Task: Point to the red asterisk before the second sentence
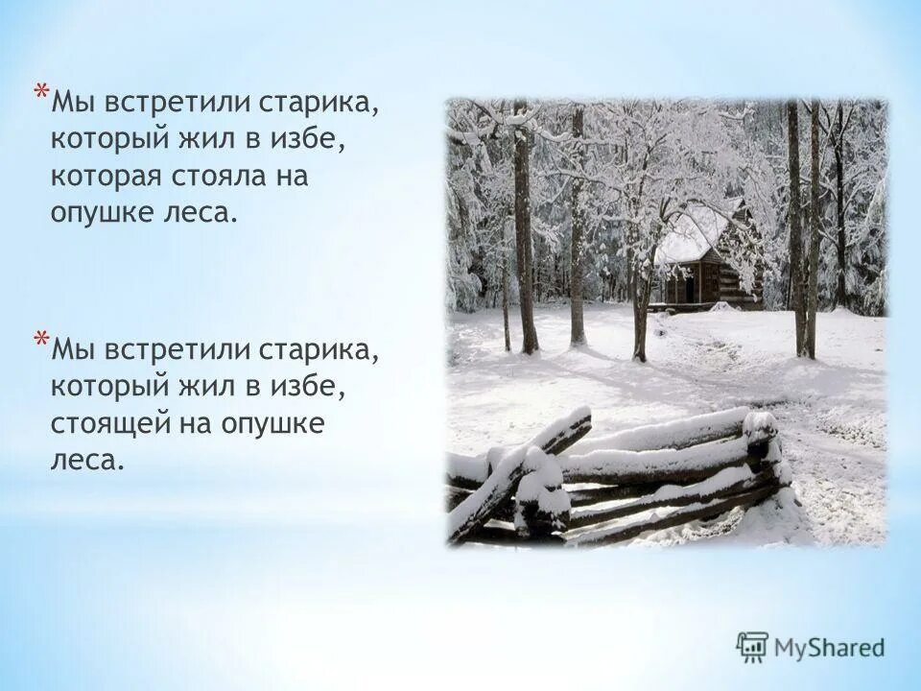coord(40,340)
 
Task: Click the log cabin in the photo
coord(711,274)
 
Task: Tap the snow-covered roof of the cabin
coord(693,233)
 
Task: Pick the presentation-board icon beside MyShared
coord(753,647)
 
